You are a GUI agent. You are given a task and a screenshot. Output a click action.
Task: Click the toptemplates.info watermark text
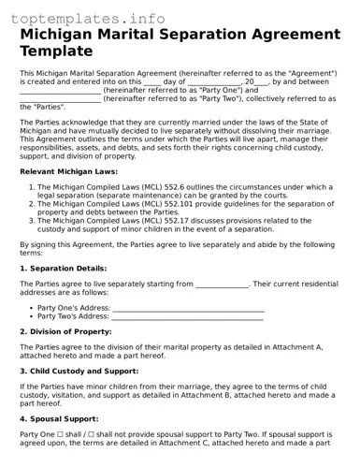point(79,17)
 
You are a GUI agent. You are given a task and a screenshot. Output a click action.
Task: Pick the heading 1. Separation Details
point(62,268)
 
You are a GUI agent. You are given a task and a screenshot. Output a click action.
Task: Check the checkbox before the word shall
point(63,434)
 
